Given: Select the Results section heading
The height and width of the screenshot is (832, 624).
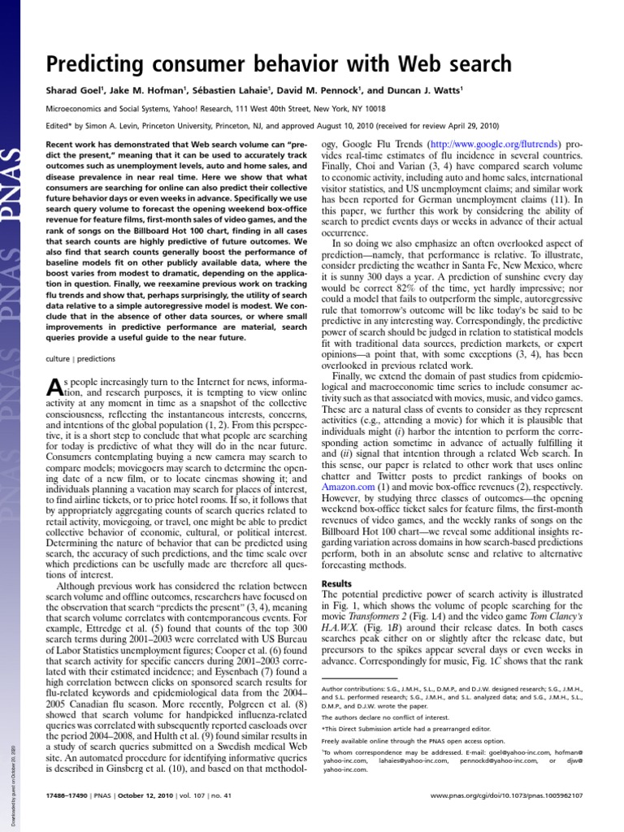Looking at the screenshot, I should (336, 584).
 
